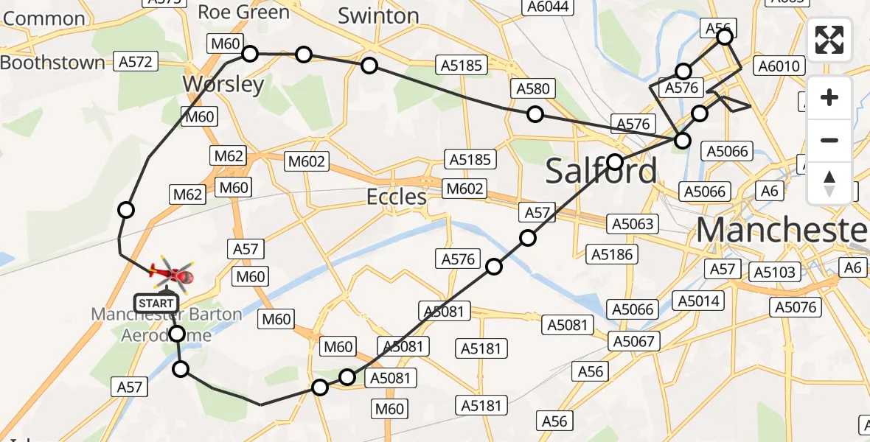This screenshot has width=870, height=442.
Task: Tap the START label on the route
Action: pyautogui.click(x=156, y=303)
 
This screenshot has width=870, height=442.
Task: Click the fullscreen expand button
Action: pyautogui.click(x=829, y=40)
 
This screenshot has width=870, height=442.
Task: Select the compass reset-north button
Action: pyautogui.click(x=829, y=183)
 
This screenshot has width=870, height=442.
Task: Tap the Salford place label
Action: pyautogui.click(x=601, y=171)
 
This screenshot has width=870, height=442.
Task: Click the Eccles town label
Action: pyautogui.click(x=397, y=197)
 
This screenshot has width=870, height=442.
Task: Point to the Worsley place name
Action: pyautogui.click(x=223, y=84)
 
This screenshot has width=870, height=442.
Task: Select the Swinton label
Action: pyautogui.click(x=378, y=16)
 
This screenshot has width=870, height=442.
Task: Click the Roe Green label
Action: pyautogui.click(x=244, y=12)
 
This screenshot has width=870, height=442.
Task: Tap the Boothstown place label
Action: pyautogui.click(x=52, y=63)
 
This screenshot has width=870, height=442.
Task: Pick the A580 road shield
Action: pyautogui.click(x=533, y=89)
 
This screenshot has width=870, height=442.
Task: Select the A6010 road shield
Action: pyautogui.click(x=779, y=66)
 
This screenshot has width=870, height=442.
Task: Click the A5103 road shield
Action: pyautogui.click(x=775, y=272)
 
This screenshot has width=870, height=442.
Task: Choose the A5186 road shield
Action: pyautogui.click(x=612, y=255)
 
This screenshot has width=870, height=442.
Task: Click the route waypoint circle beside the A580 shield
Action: pyautogui.click(x=535, y=114)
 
